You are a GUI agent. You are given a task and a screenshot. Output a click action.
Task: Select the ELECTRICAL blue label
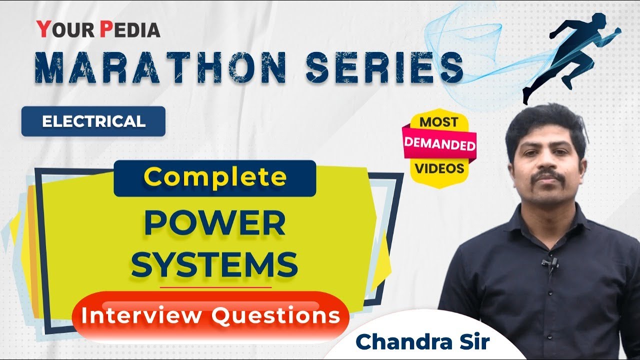click(x=93, y=121)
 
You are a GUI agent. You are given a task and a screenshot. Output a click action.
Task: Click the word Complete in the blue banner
click(x=215, y=177)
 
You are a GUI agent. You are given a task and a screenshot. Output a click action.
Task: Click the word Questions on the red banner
click(x=275, y=315)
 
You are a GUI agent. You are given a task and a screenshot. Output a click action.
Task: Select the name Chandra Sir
click(x=422, y=341)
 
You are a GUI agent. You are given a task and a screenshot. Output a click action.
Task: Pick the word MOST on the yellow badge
click(x=438, y=122)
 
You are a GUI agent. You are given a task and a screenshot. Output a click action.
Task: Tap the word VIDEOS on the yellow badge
click(x=439, y=168)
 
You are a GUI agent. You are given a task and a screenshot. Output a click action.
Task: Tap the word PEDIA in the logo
click(x=130, y=30)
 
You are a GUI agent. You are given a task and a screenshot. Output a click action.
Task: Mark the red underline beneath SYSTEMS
click(x=215, y=287)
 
